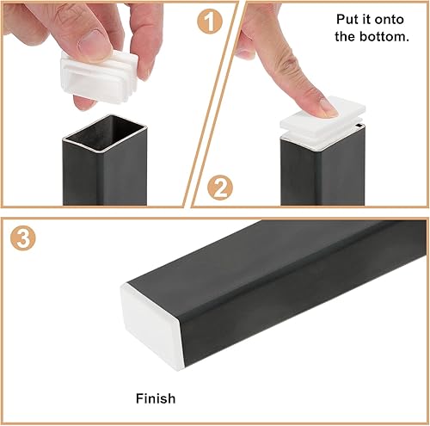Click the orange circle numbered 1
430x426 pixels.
(210, 21)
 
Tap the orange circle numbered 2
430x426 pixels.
(220, 188)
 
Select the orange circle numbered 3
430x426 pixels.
(23, 238)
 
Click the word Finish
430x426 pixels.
(156, 398)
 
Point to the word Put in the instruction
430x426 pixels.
(346, 20)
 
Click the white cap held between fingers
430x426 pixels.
(99, 76)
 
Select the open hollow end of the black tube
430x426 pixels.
(105, 133)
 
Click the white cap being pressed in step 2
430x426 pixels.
(322, 124)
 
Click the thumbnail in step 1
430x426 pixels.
(95, 46)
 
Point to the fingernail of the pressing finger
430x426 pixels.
(329, 108)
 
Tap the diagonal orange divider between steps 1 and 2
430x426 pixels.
(212, 104)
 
